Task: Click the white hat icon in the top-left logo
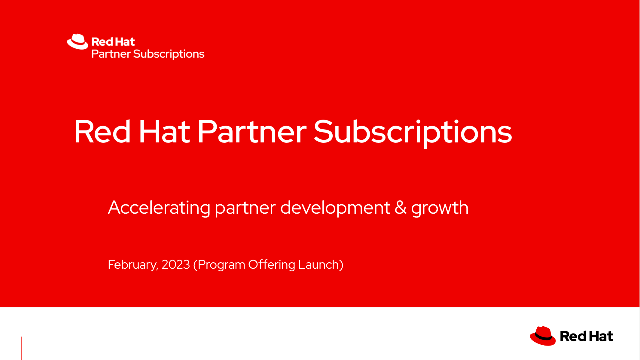click(x=77, y=43)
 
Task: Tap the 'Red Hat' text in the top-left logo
click(x=107, y=42)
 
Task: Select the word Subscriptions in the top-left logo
click(x=169, y=54)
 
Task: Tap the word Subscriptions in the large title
click(x=413, y=133)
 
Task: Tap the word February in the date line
click(x=132, y=265)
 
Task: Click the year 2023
click(x=175, y=265)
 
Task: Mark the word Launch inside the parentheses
click(x=322, y=265)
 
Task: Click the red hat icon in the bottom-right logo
click(x=543, y=336)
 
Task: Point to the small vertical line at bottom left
click(x=22, y=348)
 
